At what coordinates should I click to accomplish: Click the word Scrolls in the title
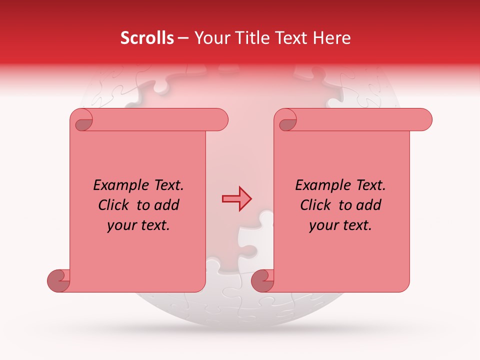point(147,38)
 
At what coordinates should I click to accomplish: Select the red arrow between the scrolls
point(236,198)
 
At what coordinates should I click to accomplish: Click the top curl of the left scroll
point(82,120)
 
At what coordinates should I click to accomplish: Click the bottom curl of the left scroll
point(58,280)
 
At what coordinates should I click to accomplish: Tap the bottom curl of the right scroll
point(262,280)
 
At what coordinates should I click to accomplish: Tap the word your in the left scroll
point(119,225)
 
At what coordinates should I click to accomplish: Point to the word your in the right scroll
point(321,225)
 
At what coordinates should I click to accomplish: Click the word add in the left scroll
point(166,205)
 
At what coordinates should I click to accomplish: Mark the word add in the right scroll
point(368,205)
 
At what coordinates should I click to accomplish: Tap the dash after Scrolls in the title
point(183,38)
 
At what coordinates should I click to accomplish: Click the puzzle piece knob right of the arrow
point(265,216)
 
